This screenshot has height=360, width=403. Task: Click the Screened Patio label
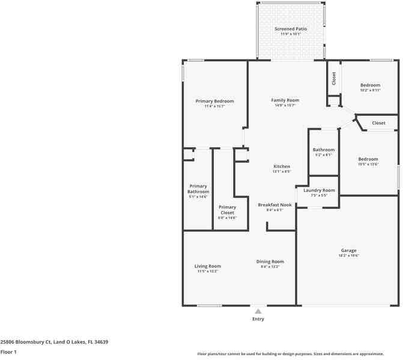click(291, 29)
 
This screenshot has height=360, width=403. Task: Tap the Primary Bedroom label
click(214, 101)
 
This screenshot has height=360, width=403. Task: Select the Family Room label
click(285, 100)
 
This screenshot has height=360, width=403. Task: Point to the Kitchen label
click(282, 166)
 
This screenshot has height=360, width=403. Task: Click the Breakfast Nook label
click(274, 205)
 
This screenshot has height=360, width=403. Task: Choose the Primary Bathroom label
click(198, 188)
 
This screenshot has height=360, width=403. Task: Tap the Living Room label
click(207, 266)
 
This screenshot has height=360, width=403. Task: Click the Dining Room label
click(270, 262)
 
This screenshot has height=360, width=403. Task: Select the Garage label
click(348, 250)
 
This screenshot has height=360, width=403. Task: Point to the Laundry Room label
click(319, 190)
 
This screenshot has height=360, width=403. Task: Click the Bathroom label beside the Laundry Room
click(323, 149)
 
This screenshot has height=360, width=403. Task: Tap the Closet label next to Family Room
click(333, 78)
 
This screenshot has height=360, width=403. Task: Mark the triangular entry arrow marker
click(258, 311)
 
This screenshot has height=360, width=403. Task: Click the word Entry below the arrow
click(258, 319)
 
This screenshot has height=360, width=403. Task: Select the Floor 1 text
click(8, 352)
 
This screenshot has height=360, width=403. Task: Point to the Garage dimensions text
click(348, 256)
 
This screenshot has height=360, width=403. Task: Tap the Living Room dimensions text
click(207, 271)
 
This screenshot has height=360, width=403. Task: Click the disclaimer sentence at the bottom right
click(298, 354)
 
